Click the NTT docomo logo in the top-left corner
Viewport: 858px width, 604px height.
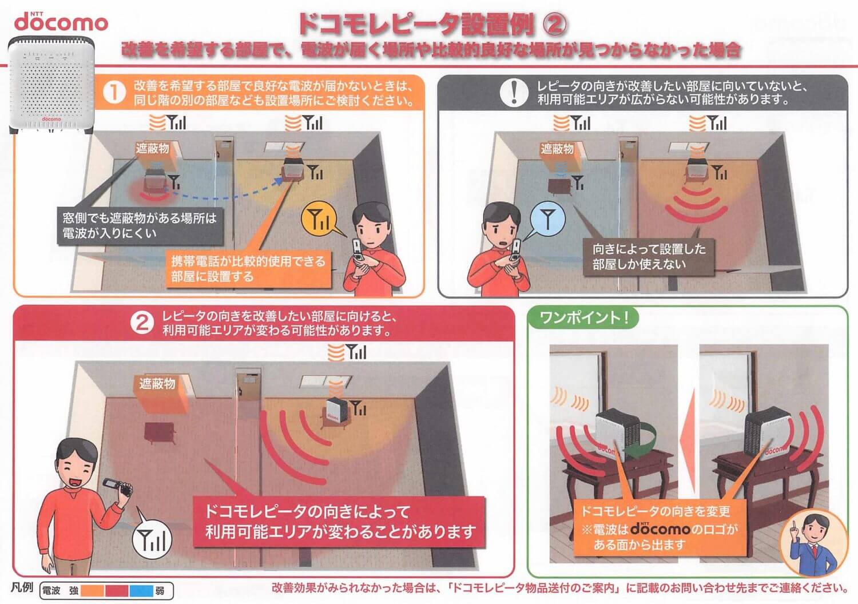[61, 22]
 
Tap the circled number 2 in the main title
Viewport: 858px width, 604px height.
[555, 25]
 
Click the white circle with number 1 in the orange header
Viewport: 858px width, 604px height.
[114, 93]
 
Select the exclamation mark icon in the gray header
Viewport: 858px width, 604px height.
[514, 93]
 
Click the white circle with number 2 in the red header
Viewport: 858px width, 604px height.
[142, 324]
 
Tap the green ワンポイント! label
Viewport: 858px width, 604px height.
[583, 317]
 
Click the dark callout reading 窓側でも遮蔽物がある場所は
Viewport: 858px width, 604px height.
[140, 226]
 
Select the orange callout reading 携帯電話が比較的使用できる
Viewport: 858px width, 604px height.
[249, 268]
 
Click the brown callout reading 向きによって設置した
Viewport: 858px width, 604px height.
[649, 257]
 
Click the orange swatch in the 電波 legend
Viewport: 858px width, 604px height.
[92, 591]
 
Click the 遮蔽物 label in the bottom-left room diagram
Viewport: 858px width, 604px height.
[157, 383]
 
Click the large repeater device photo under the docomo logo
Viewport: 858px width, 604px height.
[51, 85]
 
